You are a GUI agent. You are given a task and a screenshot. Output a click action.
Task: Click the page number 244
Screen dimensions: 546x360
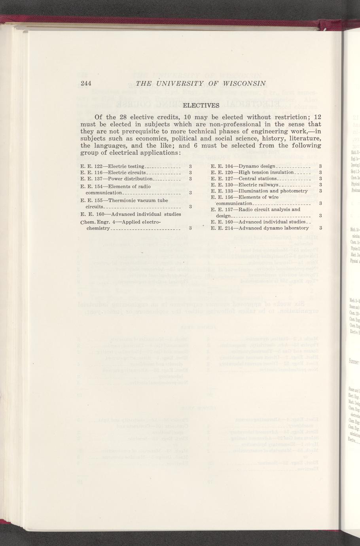click(86, 83)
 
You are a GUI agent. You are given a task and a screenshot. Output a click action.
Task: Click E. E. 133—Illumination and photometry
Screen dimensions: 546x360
click(260, 191)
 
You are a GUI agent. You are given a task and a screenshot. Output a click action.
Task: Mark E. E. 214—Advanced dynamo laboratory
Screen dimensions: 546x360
click(260, 228)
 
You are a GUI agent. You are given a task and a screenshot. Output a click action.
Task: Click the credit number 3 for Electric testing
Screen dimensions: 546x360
click(190, 167)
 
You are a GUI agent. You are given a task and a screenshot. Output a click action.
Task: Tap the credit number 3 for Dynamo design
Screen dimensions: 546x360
click(320, 167)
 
